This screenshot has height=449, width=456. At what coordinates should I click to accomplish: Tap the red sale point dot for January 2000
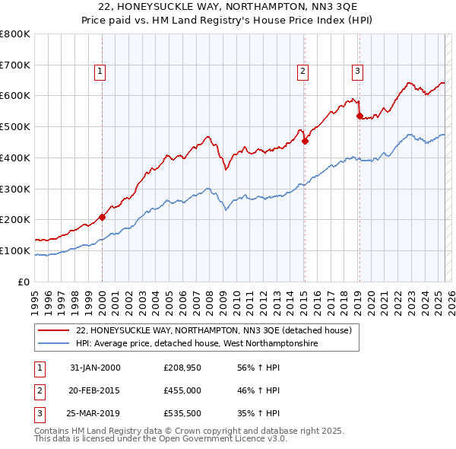coord(102,217)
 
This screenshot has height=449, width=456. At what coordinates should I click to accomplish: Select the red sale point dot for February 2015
coord(305,140)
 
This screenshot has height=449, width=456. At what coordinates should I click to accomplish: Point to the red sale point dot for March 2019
coord(359,116)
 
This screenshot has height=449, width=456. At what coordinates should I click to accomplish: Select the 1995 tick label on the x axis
coord(34,298)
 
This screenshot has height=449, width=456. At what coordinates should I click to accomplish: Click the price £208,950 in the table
coord(181,368)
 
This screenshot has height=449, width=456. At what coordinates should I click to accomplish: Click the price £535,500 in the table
coord(181,415)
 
